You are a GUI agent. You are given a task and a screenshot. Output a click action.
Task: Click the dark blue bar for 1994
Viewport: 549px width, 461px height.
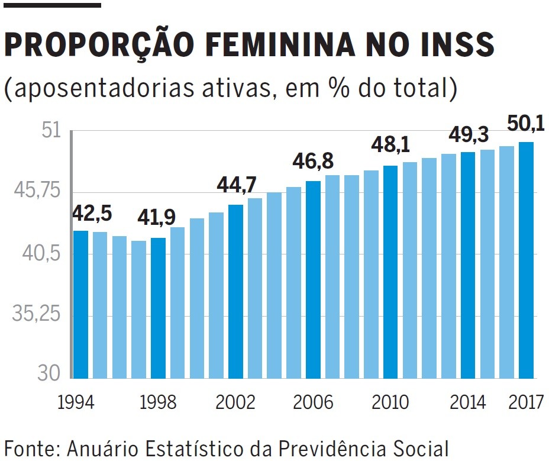point(80,304)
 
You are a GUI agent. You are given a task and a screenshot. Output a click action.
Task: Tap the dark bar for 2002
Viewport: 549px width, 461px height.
point(235,291)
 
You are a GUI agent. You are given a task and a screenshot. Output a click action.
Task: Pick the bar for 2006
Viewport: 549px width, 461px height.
point(314,279)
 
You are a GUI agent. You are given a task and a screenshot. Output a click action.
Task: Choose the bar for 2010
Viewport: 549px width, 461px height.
point(390,272)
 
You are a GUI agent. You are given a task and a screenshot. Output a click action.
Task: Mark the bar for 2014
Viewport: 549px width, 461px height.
point(468,265)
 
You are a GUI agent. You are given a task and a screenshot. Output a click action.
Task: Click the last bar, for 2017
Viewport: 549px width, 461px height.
point(526,260)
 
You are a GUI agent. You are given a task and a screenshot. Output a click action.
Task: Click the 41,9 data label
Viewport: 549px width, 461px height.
point(156,218)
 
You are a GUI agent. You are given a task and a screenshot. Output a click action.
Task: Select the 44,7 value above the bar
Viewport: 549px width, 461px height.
point(236,185)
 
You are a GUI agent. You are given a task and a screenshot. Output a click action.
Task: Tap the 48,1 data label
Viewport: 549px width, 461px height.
point(390,145)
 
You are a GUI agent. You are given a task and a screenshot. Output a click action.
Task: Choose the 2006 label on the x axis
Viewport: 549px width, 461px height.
point(313,402)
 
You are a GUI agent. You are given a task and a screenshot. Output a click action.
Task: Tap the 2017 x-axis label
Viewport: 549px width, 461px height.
point(525,402)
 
